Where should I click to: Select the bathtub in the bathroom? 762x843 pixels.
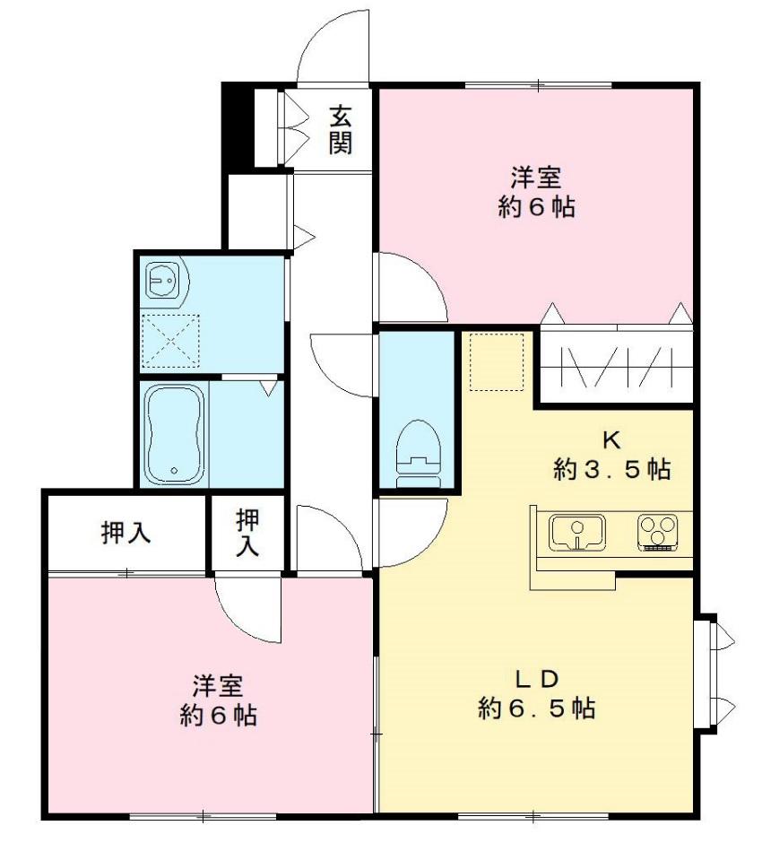pos(174,433)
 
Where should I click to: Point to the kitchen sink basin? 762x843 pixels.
pos(576,533)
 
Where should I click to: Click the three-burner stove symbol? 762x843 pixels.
pos(658,532)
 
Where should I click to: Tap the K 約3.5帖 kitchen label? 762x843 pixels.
pos(611,455)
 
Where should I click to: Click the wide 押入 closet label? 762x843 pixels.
pos(125,533)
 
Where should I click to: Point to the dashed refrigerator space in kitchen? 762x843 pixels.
pos(497,362)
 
